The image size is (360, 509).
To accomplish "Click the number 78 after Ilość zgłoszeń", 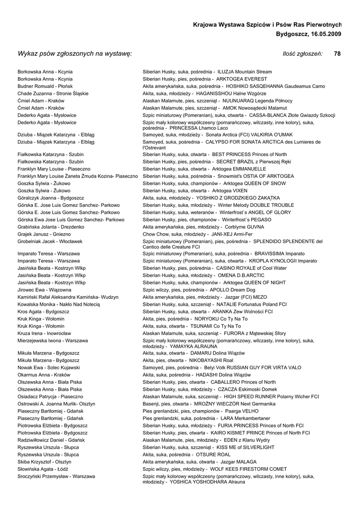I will click(x=337, y=54).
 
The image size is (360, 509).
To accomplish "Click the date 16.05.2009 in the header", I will click(x=322, y=34).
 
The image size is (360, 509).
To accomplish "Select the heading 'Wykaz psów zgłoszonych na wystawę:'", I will click(x=75, y=54).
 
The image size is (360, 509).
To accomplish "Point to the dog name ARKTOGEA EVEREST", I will click(x=242, y=79).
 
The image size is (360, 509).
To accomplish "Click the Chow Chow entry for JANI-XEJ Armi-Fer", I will click(x=197, y=234).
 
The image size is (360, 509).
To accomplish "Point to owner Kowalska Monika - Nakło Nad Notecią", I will click(x=59, y=304).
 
